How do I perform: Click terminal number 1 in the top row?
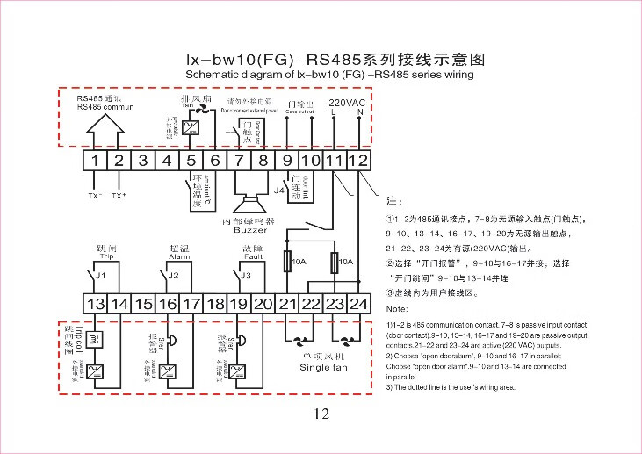coord(95,161)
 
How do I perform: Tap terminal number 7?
coord(239,161)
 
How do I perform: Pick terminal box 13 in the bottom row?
coord(95,304)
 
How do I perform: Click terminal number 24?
coord(358,304)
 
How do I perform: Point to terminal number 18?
coord(215,304)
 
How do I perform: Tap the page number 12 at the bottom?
coord(321,414)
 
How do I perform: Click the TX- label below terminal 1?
coord(95,195)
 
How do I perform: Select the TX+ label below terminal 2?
coord(119,195)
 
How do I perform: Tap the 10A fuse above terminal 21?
coord(287,261)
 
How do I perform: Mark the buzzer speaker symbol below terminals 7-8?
coord(249,196)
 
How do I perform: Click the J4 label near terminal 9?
coord(279,189)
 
